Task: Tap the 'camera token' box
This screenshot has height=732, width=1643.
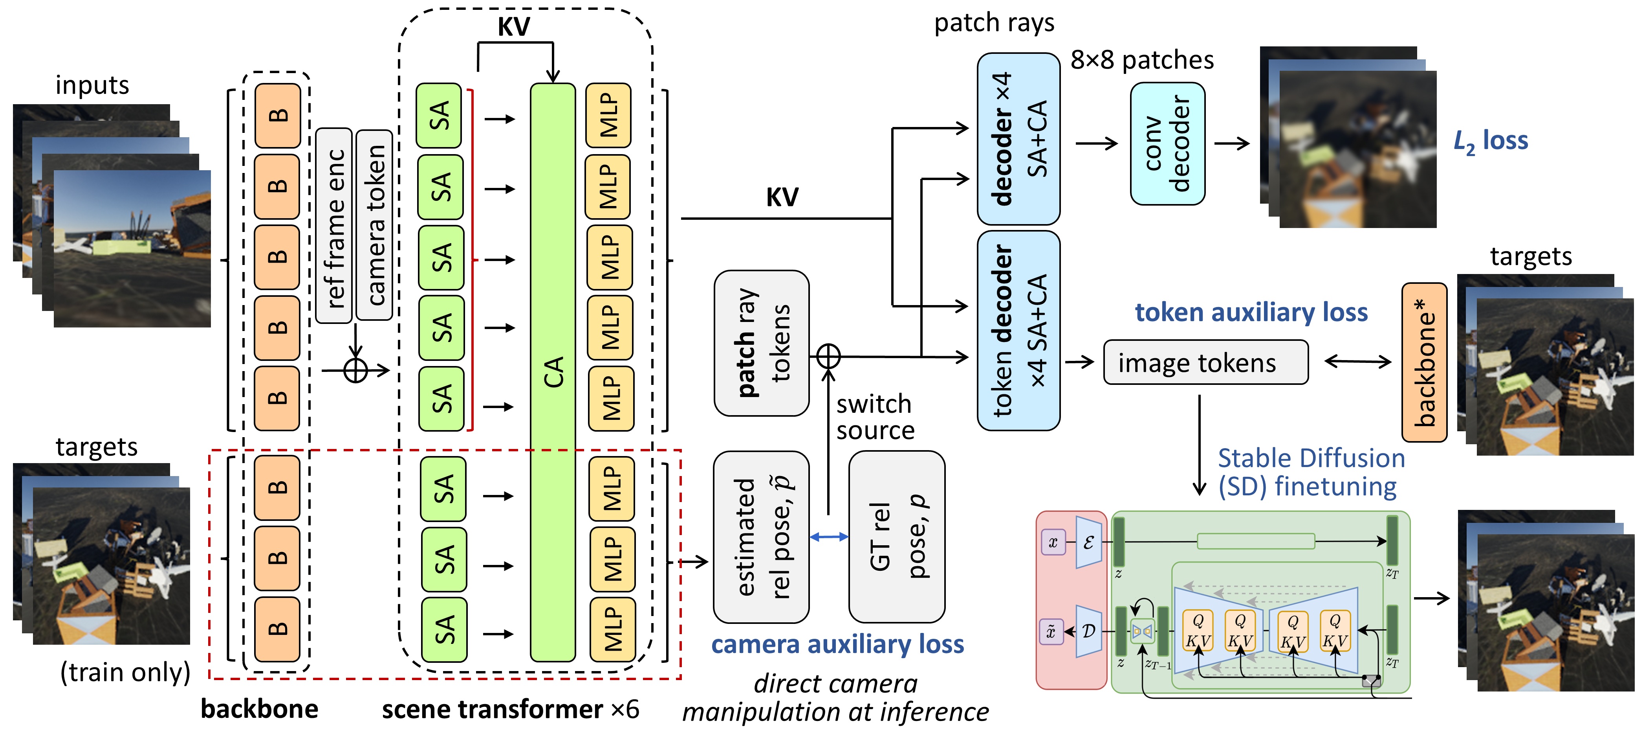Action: click(374, 224)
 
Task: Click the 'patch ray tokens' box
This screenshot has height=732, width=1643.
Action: click(762, 343)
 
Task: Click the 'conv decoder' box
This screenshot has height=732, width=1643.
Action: click(1167, 143)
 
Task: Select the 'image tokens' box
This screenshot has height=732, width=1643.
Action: click(1205, 362)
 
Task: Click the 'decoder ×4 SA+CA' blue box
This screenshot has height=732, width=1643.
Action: click(1018, 139)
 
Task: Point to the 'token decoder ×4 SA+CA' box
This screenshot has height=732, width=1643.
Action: click(1018, 331)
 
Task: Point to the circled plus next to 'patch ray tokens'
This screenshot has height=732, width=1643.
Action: click(828, 356)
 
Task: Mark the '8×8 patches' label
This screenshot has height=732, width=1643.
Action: click(1142, 60)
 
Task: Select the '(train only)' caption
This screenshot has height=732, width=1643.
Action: click(125, 672)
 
